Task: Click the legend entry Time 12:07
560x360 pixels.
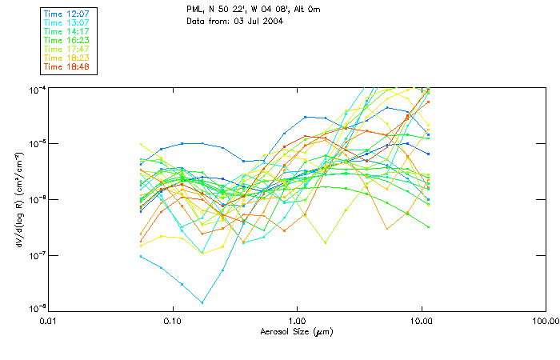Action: (67, 14)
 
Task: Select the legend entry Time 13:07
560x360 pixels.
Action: (67, 22)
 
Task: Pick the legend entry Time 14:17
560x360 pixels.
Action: (67, 31)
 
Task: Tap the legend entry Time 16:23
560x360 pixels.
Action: (67, 40)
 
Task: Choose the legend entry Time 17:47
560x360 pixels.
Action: (67, 49)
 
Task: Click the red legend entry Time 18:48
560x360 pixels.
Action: (67, 66)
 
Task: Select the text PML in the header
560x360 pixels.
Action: (196, 8)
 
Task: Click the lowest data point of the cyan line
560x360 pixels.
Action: (202, 302)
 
